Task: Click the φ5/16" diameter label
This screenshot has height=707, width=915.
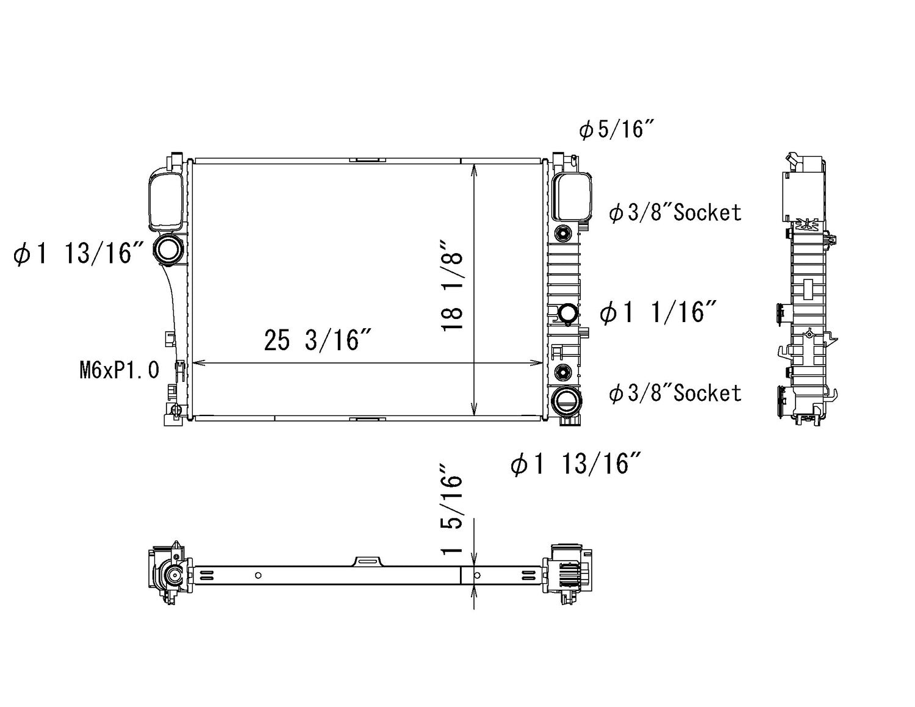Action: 617,129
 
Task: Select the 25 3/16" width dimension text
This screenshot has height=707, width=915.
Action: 317,340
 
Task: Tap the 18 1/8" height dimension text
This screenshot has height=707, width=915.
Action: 452,285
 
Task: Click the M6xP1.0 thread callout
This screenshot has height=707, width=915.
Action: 120,370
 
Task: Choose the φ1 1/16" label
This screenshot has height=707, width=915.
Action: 658,312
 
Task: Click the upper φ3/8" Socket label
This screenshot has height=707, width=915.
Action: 675,212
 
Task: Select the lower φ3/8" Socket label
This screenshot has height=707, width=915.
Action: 675,393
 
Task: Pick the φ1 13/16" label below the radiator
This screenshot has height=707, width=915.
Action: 576,463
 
